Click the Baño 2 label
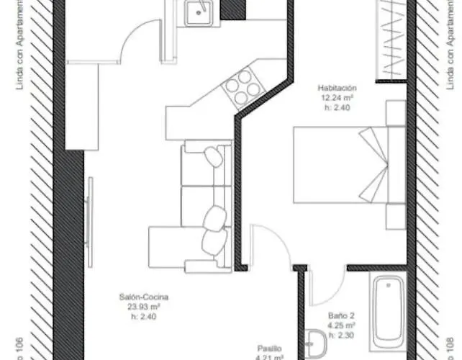(x=343, y=315)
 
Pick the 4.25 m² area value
(x=343, y=324)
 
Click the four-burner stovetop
(x=243, y=86)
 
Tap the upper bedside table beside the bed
(x=397, y=114)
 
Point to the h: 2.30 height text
(x=343, y=334)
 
